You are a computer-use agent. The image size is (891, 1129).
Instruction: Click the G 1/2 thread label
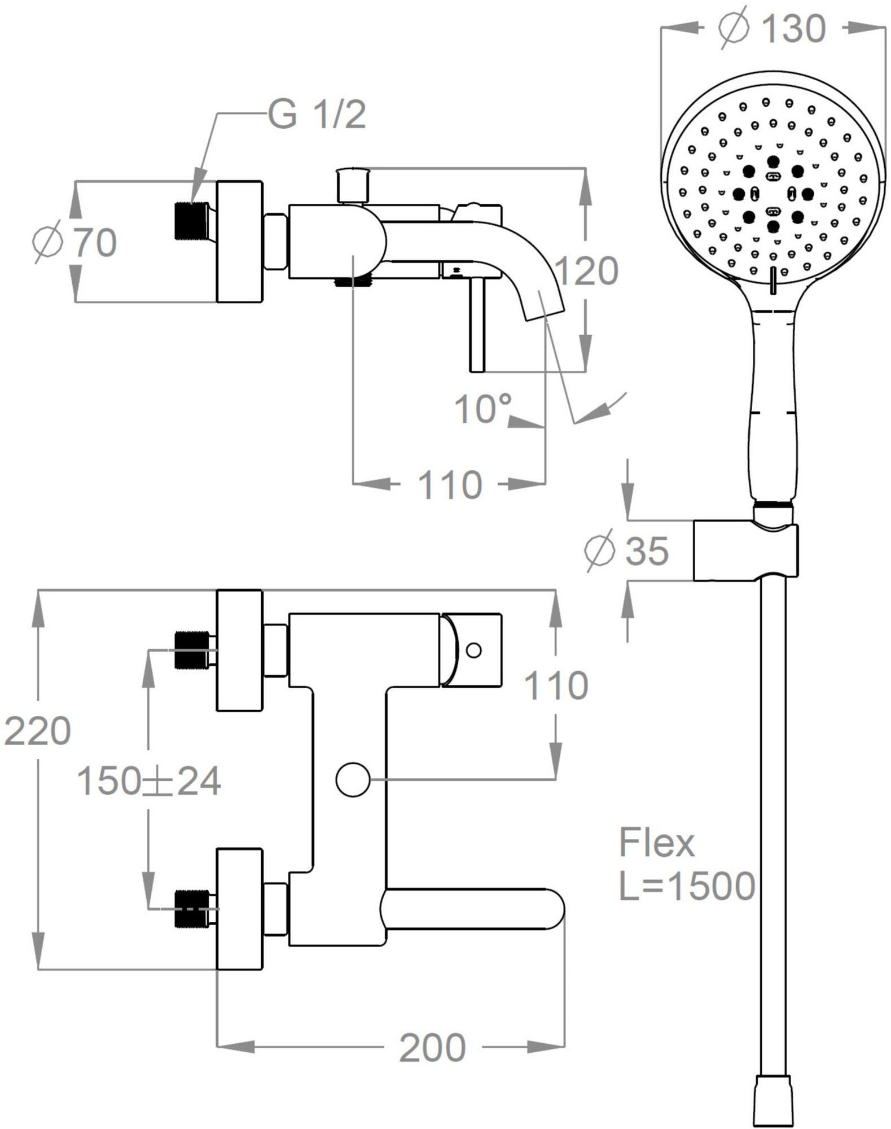(317, 115)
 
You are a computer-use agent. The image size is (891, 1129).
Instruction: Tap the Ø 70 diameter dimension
(74, 243)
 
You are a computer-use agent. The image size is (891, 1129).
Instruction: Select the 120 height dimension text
(587, 271)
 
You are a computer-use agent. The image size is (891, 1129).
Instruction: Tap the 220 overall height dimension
(37, 731)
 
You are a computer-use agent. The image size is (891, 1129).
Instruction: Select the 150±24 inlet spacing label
(148, 782)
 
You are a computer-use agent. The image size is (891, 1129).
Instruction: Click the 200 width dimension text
(432, 1048)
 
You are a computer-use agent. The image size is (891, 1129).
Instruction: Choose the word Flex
(657, 843)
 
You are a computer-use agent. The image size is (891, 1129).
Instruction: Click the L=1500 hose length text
(687, 885)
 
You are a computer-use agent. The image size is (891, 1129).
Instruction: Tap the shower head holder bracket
(745, 550)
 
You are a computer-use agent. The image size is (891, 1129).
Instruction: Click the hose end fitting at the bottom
(773, 1101)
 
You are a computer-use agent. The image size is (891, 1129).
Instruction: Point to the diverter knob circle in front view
(353, 780)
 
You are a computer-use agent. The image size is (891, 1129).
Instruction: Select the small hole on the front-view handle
(475, 650)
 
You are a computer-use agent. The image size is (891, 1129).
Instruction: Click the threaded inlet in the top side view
(192, 221)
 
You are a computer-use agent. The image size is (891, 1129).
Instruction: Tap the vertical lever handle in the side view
(477, 325)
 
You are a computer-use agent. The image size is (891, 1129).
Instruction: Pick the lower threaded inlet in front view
(192, 909)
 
